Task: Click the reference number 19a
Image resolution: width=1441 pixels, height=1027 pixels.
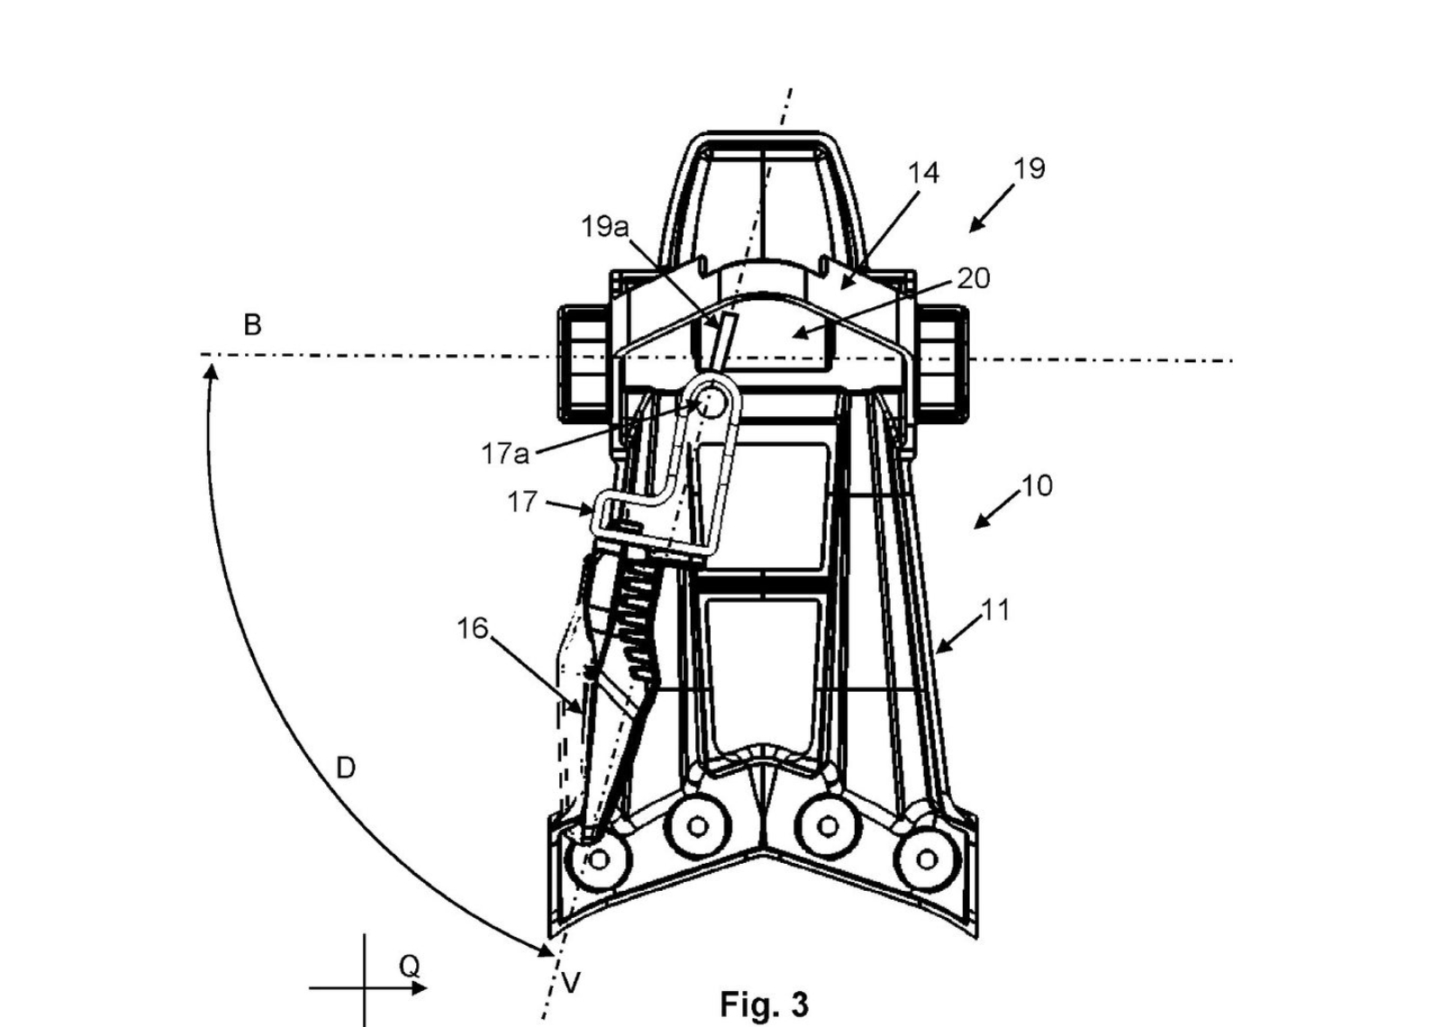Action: (x=604, y=227)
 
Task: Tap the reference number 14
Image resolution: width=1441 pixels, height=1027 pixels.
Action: (x=922, y=173)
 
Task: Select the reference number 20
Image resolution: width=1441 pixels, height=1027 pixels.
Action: (x=973, y=278)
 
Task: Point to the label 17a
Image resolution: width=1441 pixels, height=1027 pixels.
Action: (x=504, y=453)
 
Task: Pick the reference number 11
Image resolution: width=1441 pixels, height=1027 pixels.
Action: (x=994, y=610)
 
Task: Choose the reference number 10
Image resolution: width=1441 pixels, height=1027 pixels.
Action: (x=1037, y=486)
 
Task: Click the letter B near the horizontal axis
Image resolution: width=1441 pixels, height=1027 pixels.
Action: (x=252, y=324)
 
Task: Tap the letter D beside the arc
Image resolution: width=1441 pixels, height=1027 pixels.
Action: (x=346, y=768)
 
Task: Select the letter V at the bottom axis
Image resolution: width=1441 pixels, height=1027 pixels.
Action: (x=571, y=982)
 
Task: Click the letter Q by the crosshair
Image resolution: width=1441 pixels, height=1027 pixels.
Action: (x=409, y=967)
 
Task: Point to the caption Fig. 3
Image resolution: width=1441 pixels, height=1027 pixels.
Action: (x=764, y=1004)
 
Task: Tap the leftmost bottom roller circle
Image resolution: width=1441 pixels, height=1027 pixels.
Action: (x=597, y=860)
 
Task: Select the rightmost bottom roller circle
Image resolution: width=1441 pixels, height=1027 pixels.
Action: (x=927, y=859)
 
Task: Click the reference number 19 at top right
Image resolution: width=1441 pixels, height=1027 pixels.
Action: (x=1029, y=168)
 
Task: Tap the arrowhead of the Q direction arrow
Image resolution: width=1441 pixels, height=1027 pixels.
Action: (x=421, y=988)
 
